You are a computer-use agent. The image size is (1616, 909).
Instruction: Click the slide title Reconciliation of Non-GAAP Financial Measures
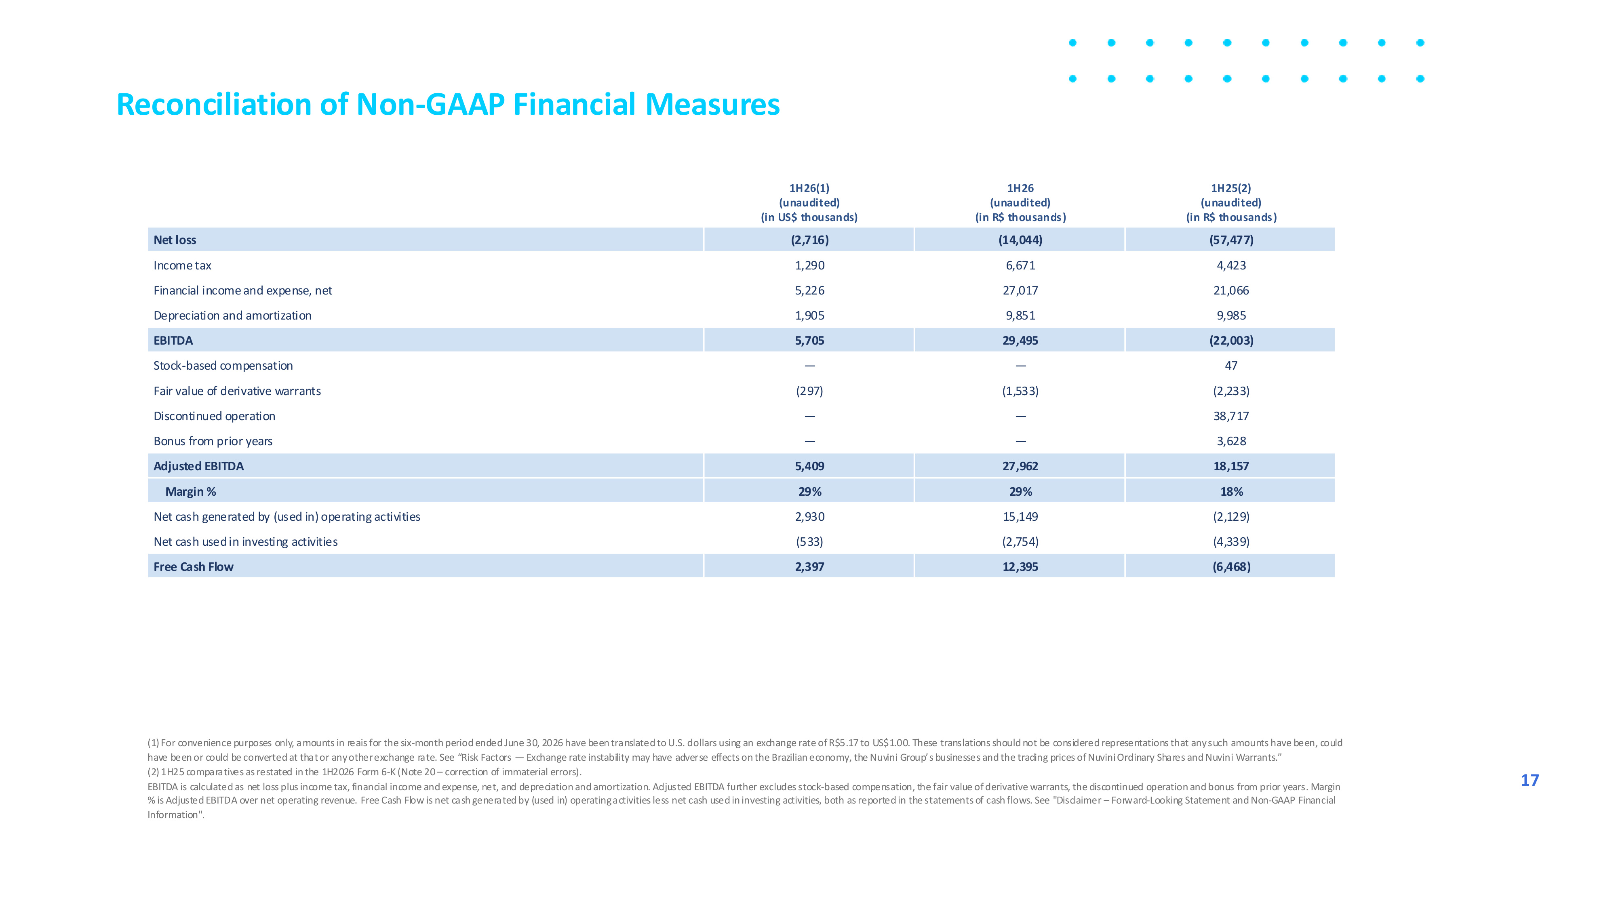[448, 104]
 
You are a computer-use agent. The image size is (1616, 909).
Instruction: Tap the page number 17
[1530, 780]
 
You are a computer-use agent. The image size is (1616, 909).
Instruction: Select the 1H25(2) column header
[1231, 202]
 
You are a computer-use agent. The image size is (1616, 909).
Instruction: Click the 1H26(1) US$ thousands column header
[809, 202]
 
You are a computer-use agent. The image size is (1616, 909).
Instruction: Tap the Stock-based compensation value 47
[1231, 366]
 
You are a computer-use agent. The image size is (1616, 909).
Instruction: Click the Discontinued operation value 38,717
[1231, 416]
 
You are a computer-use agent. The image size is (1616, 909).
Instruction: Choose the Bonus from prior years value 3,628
[1231, 441]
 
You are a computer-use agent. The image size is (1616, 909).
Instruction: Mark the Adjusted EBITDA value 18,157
[1231, 466]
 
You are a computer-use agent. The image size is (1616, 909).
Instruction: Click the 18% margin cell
[1231, 491]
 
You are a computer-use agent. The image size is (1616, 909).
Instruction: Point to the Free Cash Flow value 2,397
[809, 566]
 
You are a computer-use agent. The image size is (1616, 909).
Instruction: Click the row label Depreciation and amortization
[232, 316]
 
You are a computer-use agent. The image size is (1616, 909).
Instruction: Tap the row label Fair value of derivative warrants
[237, 391]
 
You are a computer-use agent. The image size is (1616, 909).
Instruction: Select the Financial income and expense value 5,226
[809, 290]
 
